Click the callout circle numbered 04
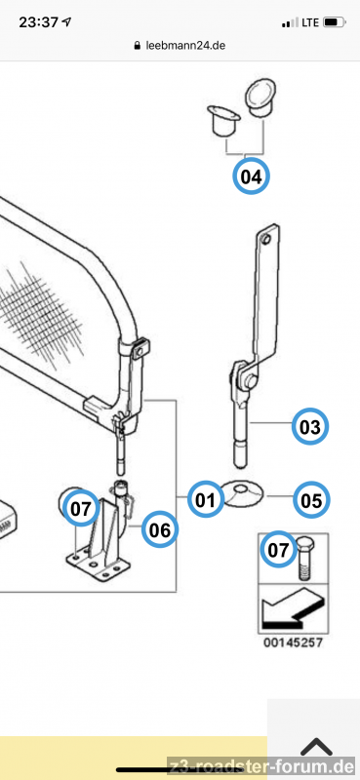click(x=251, y=175)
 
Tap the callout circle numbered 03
click(x=310, y=426)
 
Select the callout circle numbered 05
click(x=311, y=500)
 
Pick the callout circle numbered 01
click(x=206, y=500)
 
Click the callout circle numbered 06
click(x=160, y=530)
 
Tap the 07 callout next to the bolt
click(x=278, y=550)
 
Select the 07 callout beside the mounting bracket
click(x=81, y=508)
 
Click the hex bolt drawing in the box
click(x=305, y=557)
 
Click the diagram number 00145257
click(x=294, y=643)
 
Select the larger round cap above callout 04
click(x=260, y=98)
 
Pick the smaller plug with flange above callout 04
click(x=223, y=119)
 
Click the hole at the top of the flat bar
click(x=266, y=239)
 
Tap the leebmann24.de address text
click(x=185, y=46)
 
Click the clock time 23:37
click(x=39, y=22)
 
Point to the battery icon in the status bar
click(x=334, y=22)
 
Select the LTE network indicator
click(x=310, y=22)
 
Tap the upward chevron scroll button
click(x=316, y=747)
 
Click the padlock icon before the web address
click(x=138, y=46)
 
